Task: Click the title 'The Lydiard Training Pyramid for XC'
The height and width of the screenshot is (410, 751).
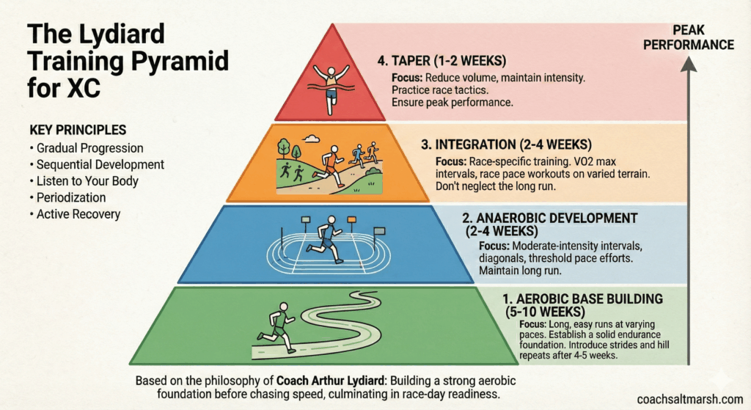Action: pyautogui.click(x=128, y=61)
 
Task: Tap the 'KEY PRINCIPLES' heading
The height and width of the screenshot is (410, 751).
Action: pyautogui.click(x=78, y=130)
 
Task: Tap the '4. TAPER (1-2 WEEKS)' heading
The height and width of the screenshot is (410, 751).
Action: pyautogui.click(x=442, y=61)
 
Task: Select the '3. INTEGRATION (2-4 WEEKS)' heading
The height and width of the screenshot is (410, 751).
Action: pyautogui.click(x=506, y=144)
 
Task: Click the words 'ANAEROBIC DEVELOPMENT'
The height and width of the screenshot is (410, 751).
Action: pyautogui.click(x=557, y=218)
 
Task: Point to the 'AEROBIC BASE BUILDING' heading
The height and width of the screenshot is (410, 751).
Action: pyautogui.click(x=589, y=299)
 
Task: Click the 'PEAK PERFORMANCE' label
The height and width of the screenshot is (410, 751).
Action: pyautogui.click(x=688, y=37)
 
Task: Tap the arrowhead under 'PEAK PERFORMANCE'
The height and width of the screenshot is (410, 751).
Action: pyautogui.click(x=689, y=63)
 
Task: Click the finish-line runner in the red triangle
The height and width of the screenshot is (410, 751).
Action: pyautogui.click(x=331, y=89)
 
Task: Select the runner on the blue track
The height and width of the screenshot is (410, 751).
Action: pyautogui.click(x=326, y=239)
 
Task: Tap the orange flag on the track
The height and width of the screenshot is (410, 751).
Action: pyautogui.click(x=352, y=219)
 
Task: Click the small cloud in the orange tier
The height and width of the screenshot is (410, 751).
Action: pyautogui.click(x=311, y=139)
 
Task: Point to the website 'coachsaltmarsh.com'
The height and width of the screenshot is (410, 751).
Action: pyautogui.click(x=690, y=399)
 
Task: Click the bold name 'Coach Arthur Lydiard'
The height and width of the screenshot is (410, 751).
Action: pyautogui.click(x=331, y=381)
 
